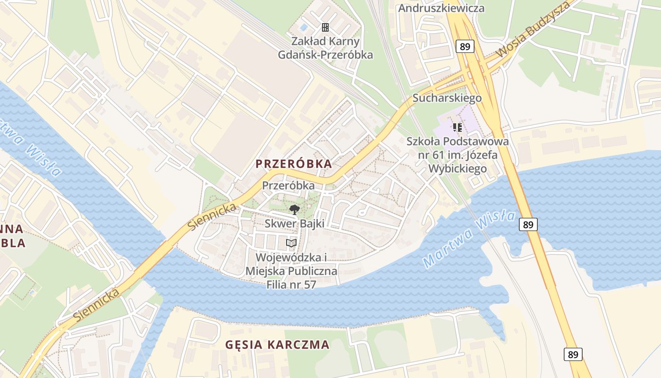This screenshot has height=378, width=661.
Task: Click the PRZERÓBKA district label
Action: [x=294, y=164]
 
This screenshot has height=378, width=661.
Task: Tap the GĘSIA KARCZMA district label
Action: [x=277, y=344]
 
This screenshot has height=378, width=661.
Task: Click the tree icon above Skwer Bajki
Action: [x=294, y=210]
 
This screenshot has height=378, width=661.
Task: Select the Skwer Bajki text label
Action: [x=294, y=223]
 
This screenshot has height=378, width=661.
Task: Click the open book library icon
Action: [x=292, y=243]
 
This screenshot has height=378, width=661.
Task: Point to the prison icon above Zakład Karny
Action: [x=325, y=27]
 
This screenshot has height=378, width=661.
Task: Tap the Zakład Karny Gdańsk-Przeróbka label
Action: [x=325, y=48]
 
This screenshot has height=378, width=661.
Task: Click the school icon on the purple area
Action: [x=457, y=128]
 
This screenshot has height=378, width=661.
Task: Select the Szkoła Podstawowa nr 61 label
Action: [x=458, y=155]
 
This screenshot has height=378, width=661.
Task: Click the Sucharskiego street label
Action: [x=447, y=98]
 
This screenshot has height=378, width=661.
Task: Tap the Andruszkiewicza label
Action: [x=441, y=8]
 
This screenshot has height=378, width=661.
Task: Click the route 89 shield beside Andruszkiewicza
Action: [x=465, y=46]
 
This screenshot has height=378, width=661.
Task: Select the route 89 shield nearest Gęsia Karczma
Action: [x=573, y=354]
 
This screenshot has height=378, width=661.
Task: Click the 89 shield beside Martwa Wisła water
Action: [x=528, y=224]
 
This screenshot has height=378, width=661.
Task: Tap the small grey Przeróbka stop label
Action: [x=288, y=186]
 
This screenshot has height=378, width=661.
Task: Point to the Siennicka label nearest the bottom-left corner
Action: [x=96, y=305]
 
